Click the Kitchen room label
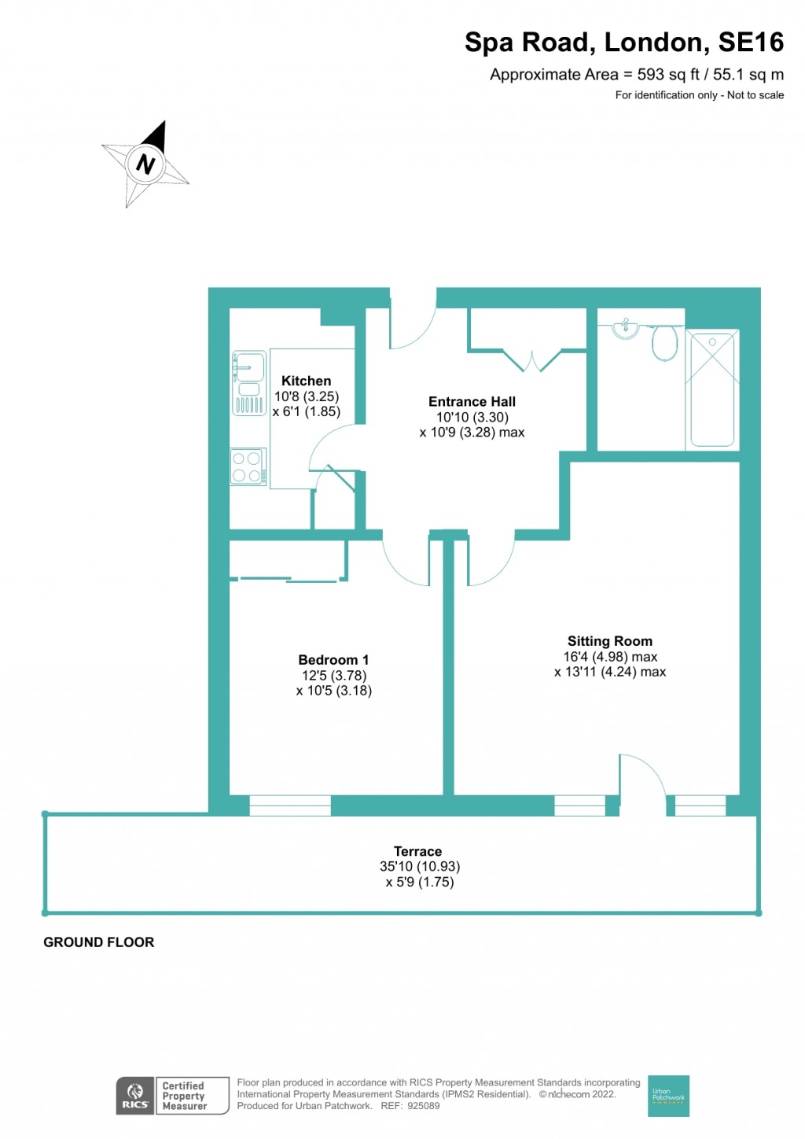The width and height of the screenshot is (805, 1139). pyautogui.click(x=306, y=381)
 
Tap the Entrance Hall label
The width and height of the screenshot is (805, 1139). pyautogui.click(x=472, y=402)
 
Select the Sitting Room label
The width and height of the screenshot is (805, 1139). pyautogui.click(x=610, y=640)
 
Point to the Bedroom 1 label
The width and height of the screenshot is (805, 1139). pyautogui.click(x=333, y=659)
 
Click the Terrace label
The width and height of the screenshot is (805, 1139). pyautogui.click(x=417, y=851)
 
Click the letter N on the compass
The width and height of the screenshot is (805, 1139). pyautogui.click(x=145, y=164)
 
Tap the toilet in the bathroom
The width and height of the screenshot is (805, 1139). pyautogui.click(x=664, y=343)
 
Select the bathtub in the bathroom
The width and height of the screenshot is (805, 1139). pyautogui.click(x=712, y=389)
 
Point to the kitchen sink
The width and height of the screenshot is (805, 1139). pyautogui.click(x=249, y=383)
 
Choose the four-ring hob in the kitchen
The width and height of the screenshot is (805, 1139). pyautogui.click(x=248, y=466)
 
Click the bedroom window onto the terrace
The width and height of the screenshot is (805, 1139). pyautogui.click(x=289, y=805)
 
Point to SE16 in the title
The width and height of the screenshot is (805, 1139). pyautogui.click(x=751, y=42)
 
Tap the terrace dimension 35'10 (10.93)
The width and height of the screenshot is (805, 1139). pyautogui.click(x=420, y=866)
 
